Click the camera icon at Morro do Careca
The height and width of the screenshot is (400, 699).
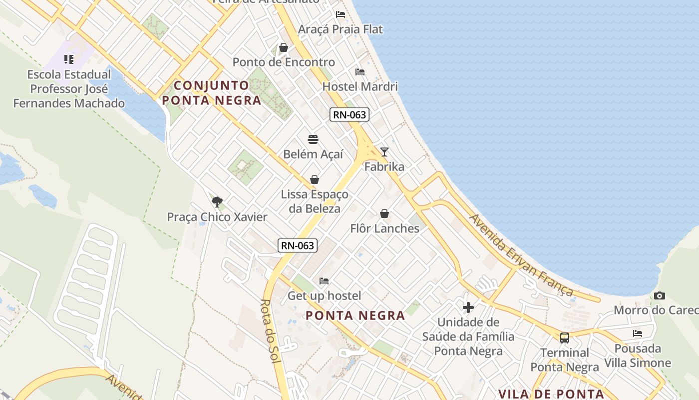659,295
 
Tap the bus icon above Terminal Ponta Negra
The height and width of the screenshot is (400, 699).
564,338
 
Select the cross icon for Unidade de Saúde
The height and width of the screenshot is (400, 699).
468,307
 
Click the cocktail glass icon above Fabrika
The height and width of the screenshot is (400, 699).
384,151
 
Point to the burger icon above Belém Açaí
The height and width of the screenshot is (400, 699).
313,139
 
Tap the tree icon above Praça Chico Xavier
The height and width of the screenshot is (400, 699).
217,202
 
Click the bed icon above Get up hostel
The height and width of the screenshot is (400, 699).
324,281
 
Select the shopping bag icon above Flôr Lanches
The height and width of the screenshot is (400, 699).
384,213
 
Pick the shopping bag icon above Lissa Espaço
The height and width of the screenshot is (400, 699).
315,179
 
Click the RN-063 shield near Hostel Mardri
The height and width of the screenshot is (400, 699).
349,114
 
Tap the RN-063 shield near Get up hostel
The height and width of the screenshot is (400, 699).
298,245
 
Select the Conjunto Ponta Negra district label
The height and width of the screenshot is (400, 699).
212,93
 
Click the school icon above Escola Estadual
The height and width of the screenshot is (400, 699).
69,59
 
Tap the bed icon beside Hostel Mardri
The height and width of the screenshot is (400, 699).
359,71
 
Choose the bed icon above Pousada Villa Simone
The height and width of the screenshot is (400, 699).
637,333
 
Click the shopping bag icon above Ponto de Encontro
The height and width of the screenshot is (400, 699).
284,47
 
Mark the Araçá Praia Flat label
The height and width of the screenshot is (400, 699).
340,29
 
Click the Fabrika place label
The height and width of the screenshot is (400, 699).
384,166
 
